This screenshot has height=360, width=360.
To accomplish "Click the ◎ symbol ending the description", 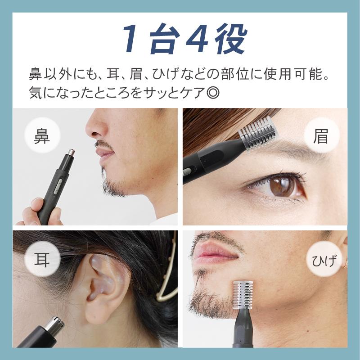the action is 213,93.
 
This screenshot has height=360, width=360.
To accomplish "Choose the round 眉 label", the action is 321,135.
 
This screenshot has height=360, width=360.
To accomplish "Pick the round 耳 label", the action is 42,258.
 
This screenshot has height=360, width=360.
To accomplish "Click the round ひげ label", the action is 324,261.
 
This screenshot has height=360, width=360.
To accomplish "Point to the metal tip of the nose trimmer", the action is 71,152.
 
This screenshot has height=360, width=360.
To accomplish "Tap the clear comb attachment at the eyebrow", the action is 257,134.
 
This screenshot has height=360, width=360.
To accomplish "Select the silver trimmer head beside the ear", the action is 54,324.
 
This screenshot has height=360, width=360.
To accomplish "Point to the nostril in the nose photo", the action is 94,133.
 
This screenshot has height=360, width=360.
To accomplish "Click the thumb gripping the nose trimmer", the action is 37,204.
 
